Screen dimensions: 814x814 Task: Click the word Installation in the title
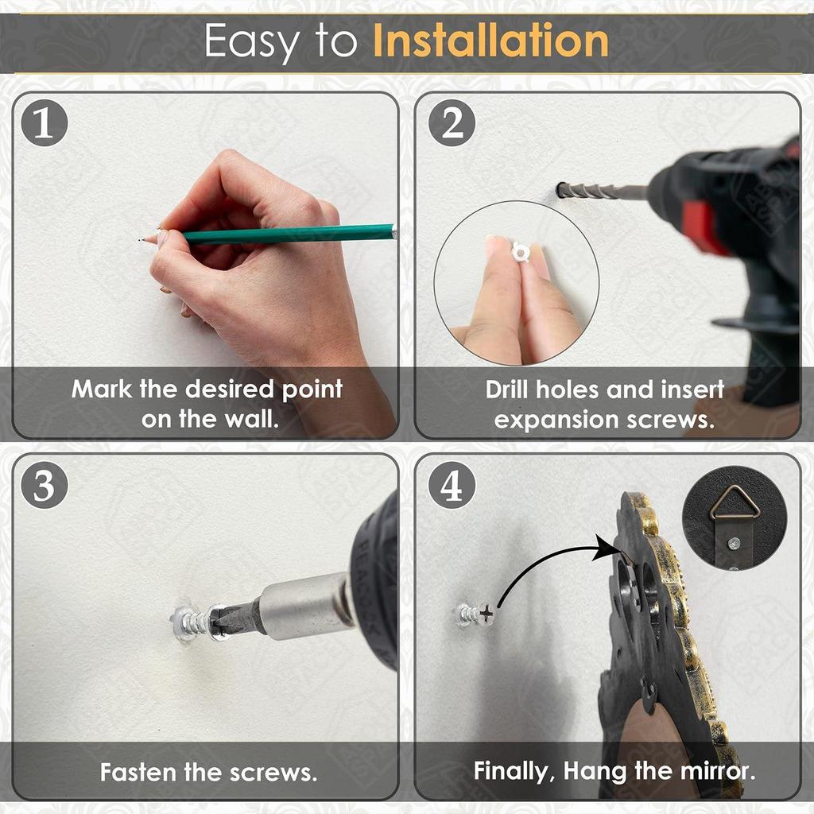pyautogui.click(x=490, y=41)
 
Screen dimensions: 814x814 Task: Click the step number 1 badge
pyautogui.click(x=45, y=123)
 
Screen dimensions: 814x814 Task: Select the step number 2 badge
pyautogui.click(x=452, y=123)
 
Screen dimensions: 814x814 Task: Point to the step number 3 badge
pyautogui.click(x=45, y=486)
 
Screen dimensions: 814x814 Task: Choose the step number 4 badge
pyautogui.click(x=452, y=486)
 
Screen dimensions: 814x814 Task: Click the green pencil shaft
pyautogui.click(x=288, y=234)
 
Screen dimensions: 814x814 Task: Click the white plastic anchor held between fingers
pyautogui.click(x=520, y=252)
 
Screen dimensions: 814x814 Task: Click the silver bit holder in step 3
pyautogui.click(x=306, y=606)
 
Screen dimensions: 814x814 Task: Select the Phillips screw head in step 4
pyautogui.click(x=486, y=614)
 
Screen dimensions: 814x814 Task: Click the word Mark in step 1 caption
pyautogui.click(x=102, y=389)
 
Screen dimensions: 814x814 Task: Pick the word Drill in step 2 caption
pyautogui.click(x=507, y=390)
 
